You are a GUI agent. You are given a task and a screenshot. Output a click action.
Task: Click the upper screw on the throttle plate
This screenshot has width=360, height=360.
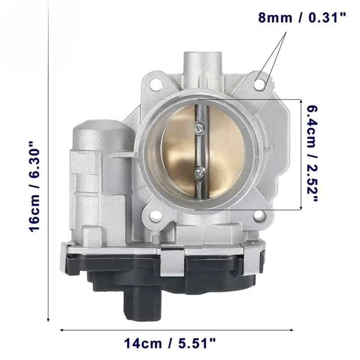(x=199, y=129)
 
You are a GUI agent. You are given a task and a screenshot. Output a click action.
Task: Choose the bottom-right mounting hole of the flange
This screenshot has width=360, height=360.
(x=260, y=216)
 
